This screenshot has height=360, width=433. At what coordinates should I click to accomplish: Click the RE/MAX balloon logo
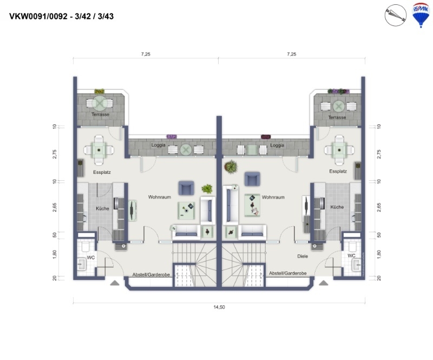tap(421, 15)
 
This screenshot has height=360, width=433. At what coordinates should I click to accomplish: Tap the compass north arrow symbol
tap(396, 15)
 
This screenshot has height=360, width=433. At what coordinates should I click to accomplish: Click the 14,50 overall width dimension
tap(219, 307)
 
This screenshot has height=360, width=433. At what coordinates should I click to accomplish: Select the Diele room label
tap(303, 256)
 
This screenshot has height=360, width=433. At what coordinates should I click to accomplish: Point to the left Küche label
tap(102, 208)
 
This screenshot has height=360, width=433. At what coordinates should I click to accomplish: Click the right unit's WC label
tap(351, 256)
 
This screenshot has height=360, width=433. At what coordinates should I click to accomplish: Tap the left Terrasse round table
tap(99, 103)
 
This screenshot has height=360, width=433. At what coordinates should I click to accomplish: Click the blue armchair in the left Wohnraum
tap(186, 188)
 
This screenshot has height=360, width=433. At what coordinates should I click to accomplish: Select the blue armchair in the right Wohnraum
tap(252, 179)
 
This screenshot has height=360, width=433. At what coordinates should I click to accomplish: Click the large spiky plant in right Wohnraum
tap(231, 167)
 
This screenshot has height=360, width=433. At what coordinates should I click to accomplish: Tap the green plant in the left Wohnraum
tap(207, 189)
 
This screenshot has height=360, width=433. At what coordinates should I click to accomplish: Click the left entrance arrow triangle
tap(115, 283)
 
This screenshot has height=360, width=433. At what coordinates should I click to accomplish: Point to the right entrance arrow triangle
tap(324, 283)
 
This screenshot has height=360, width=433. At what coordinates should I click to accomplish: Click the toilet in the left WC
tap(84, 246)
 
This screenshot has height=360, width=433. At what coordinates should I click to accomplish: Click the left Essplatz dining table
tap(99, 150)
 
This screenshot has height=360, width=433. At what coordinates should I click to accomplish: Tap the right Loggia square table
tap(252, 150)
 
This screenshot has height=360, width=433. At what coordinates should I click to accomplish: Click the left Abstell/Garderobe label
tap(151, 274)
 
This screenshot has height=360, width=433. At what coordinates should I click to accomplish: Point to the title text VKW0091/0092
tap(38, 16)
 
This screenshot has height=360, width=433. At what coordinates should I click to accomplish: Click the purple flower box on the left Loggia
tap(172, 136)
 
